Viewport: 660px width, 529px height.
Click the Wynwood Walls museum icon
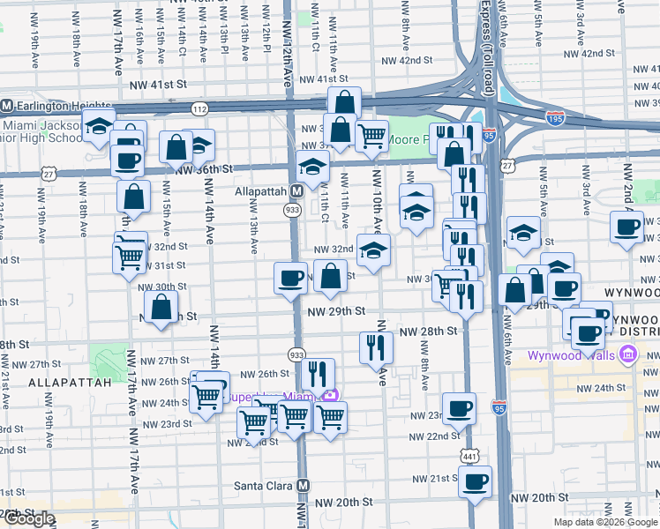pyautogui.click(x=628, y=356)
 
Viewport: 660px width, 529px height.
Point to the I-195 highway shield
pyautogui.click(x=555, y=119)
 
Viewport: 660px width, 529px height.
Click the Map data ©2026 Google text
pyautogui.click(x=605, y=522)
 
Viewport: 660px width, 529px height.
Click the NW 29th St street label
pyautogui.click(x=336, y=311)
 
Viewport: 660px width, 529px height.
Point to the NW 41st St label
pyautogui.click(x=158, y=85)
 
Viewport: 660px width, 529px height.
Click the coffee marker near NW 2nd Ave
pyautogui.click(x=627, y=226)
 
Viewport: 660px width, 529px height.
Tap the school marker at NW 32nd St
pyautogui.click(x=373, y=250)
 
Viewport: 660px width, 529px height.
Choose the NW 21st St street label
pyautogui.click(x=436, y=478)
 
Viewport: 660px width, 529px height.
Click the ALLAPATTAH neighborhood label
pyautogui.click(x=70, y=383)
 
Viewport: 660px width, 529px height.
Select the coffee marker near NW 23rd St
pyautogui.click(x=459, y=408)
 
